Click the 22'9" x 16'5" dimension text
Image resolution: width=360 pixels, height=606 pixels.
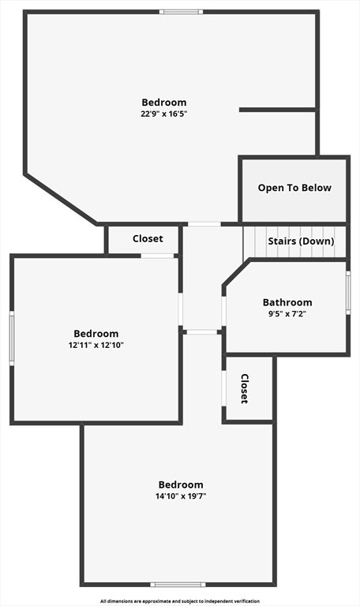(x=164, y=114)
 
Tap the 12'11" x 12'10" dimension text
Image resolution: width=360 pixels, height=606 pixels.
(x=96, y=345)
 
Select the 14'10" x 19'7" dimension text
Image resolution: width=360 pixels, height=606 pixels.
(x=181, y=496)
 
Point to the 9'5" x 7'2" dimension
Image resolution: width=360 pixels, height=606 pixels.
(x=287, y=314)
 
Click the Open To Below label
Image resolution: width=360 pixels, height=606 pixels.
(x=294, y=188)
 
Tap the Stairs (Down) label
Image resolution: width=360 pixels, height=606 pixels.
(x=302, y=241)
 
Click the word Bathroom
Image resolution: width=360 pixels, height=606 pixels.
(x=287, y=302)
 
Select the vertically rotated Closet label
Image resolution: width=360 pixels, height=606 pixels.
(x=245, y=388)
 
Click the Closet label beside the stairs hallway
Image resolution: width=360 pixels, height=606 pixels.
(x=148, y=239)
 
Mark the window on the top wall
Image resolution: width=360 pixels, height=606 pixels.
(x=182, y=12)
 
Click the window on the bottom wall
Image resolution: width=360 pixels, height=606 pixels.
(x=178, y=585)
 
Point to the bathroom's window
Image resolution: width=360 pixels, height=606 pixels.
(x=348, y=293)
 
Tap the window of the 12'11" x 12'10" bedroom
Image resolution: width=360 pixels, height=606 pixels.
(x=12, y=339)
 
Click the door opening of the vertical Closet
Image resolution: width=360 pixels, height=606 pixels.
(x=223, y=388)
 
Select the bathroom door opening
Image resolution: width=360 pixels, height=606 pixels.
(x=223, y=311)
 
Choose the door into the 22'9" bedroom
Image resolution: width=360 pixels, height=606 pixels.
(x=204, y=224)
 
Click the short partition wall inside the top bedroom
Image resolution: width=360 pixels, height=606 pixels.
(x=278, y=110)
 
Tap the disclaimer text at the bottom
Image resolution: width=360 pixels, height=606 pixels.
(x=180, y=601)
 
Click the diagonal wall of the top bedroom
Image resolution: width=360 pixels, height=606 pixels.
(x=61, y=199)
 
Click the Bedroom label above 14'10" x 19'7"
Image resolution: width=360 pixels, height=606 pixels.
(x=181, y=484)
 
